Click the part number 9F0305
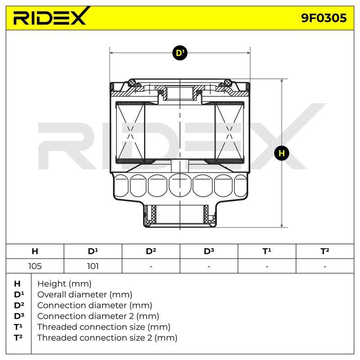pos(324,18)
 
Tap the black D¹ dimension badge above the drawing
pos(180,53)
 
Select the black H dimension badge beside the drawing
pos(282,153)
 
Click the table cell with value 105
pos(35,266)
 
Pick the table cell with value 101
pos(93,266)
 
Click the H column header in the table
pos(35,251)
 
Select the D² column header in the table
pos(151,251)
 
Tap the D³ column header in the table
pos(209,251)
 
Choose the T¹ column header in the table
pos(267,251)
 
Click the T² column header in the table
pos(325,251)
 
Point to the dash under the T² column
pos(325,267)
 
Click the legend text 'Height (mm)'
pos(64,284)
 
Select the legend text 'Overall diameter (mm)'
pos(85,295)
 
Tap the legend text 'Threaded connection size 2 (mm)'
pos(107,338)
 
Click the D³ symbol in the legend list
pos(19,316)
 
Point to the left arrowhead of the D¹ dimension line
pos(112,53)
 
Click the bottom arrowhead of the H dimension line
pos(282,225)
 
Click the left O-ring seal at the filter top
pos(132,82)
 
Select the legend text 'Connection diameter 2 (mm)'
pos(98,316)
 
